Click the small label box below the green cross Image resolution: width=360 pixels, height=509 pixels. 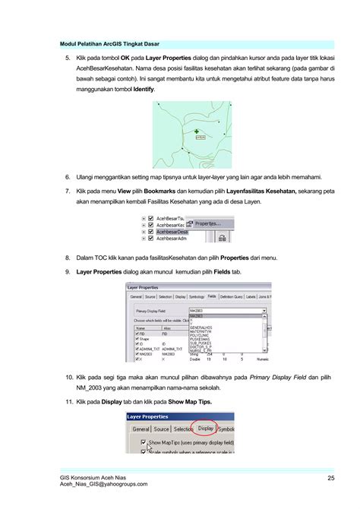click(x=201, y=138)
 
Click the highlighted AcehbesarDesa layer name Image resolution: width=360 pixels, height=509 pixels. click(x=173, y=231)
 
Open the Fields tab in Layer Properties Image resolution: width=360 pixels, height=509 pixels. click(x=212, y=296)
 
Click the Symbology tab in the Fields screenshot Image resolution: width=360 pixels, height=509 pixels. click(x=197, y=296)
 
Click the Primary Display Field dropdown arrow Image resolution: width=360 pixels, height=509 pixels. click(x=264, y=311)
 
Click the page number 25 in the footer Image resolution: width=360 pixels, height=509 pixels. click(x=331, y=477)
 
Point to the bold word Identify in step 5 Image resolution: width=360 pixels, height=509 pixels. click(x=144, y=90)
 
